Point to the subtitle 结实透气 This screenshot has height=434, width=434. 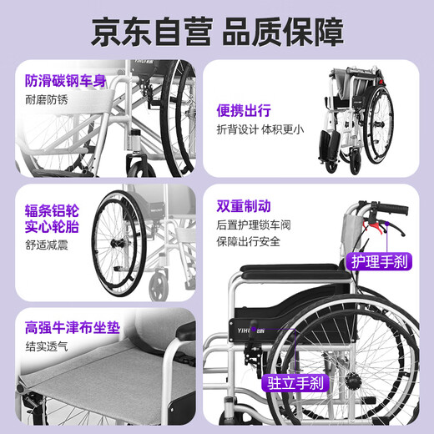point(47,345)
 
